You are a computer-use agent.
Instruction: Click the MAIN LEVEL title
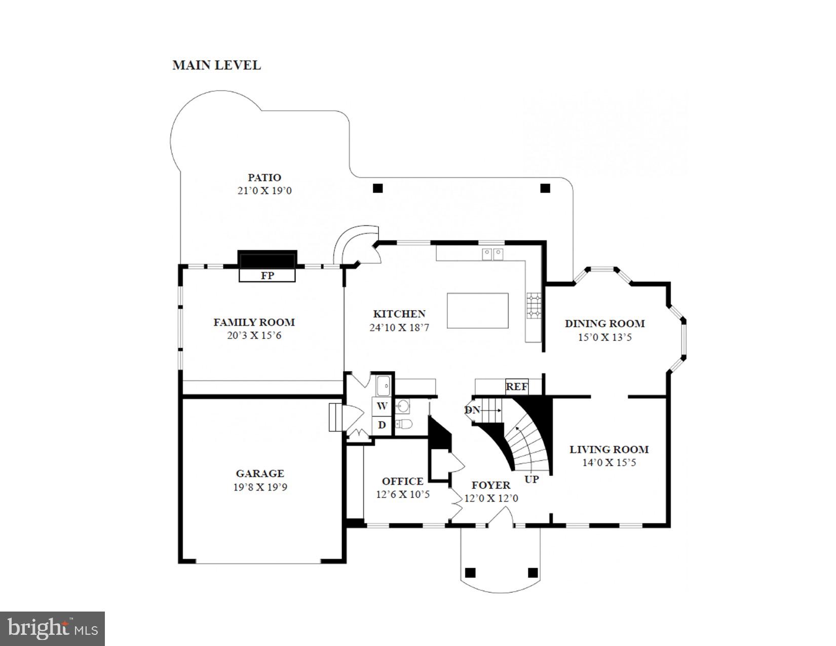click(216, 65)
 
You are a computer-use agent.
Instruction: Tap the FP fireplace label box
click(267, 276)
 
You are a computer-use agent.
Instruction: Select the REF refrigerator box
click(516, 387)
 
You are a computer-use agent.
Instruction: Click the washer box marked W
click(382, 406)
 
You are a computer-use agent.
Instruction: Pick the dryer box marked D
click(382, 425)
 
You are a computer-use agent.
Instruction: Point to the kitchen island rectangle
click(477, 311)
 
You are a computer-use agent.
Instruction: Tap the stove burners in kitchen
click(533, 307)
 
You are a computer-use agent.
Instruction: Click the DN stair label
click(472, 410)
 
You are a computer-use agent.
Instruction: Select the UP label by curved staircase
click(531, 479)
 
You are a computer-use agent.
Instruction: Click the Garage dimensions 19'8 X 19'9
click(260, 487)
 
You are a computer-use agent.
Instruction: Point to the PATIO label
click(264, 178)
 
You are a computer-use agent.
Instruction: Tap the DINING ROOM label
click(604, 323)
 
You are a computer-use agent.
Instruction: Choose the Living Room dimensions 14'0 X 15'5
click(609, 463)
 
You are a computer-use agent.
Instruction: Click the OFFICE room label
click(402, 481)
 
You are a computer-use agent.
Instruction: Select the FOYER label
click(490, 485)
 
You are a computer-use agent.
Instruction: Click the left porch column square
click(470, 573)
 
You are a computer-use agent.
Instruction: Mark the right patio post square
click(545, 188)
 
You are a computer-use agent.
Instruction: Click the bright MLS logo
click(53, 629)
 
